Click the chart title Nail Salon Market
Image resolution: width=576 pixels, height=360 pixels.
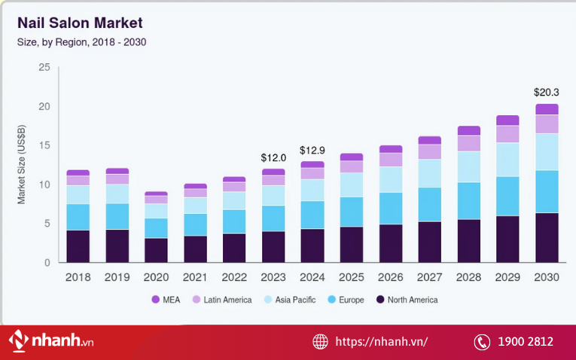click(x=80, y=23)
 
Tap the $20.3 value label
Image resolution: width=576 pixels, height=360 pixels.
click(x=547, y=92)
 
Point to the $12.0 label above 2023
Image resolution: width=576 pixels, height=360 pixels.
click(x=273, y=157)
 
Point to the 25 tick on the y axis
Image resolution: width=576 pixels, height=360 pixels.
click(x=44, y=68)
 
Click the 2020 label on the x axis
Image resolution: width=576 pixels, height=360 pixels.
click(x=156, y=277)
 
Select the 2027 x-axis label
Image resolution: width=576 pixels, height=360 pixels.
click(x=429, y=277)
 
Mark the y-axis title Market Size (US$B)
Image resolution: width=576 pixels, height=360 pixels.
click(x=22, y=165)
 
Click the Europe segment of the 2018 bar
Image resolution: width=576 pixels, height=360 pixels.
click(x=78, y=217)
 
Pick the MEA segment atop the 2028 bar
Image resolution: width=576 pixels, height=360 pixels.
click(x=468, y=130)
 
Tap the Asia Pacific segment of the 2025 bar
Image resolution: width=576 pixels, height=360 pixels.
click(x=352, y=185)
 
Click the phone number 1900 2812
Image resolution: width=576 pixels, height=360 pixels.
click(x=525, y=342)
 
